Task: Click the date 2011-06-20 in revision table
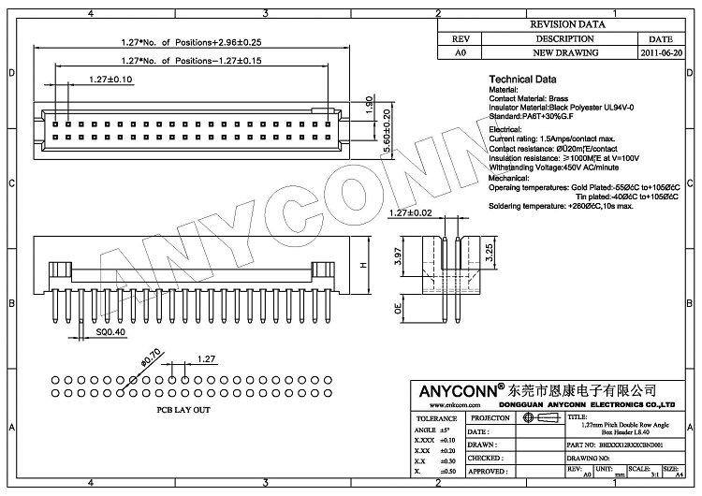666,54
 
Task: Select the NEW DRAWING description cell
564,54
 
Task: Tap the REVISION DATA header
565,24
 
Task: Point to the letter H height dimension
364,265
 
